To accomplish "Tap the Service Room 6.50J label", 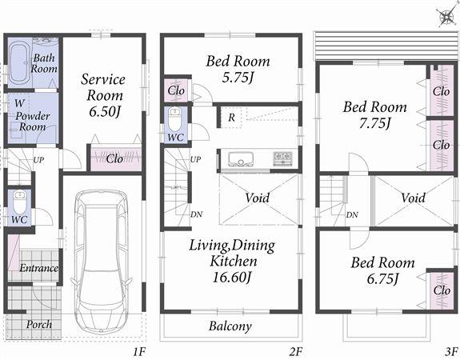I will [102, 94].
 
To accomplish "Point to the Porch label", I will [38, 324].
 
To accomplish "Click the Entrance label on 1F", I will [38, 268].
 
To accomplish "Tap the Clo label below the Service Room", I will [114, 158].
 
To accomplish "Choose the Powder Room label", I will [32, 119].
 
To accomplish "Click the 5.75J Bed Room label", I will [238, 69].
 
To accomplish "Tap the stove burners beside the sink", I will [284, 158].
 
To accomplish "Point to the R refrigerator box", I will [230, 117].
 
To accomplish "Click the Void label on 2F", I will [257, 197].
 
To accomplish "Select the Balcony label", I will [230, 326].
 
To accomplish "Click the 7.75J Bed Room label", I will [374, 114].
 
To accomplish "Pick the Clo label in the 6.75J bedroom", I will [442, 290].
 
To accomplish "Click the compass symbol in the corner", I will [444, 17].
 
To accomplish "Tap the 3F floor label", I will [451, 351].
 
